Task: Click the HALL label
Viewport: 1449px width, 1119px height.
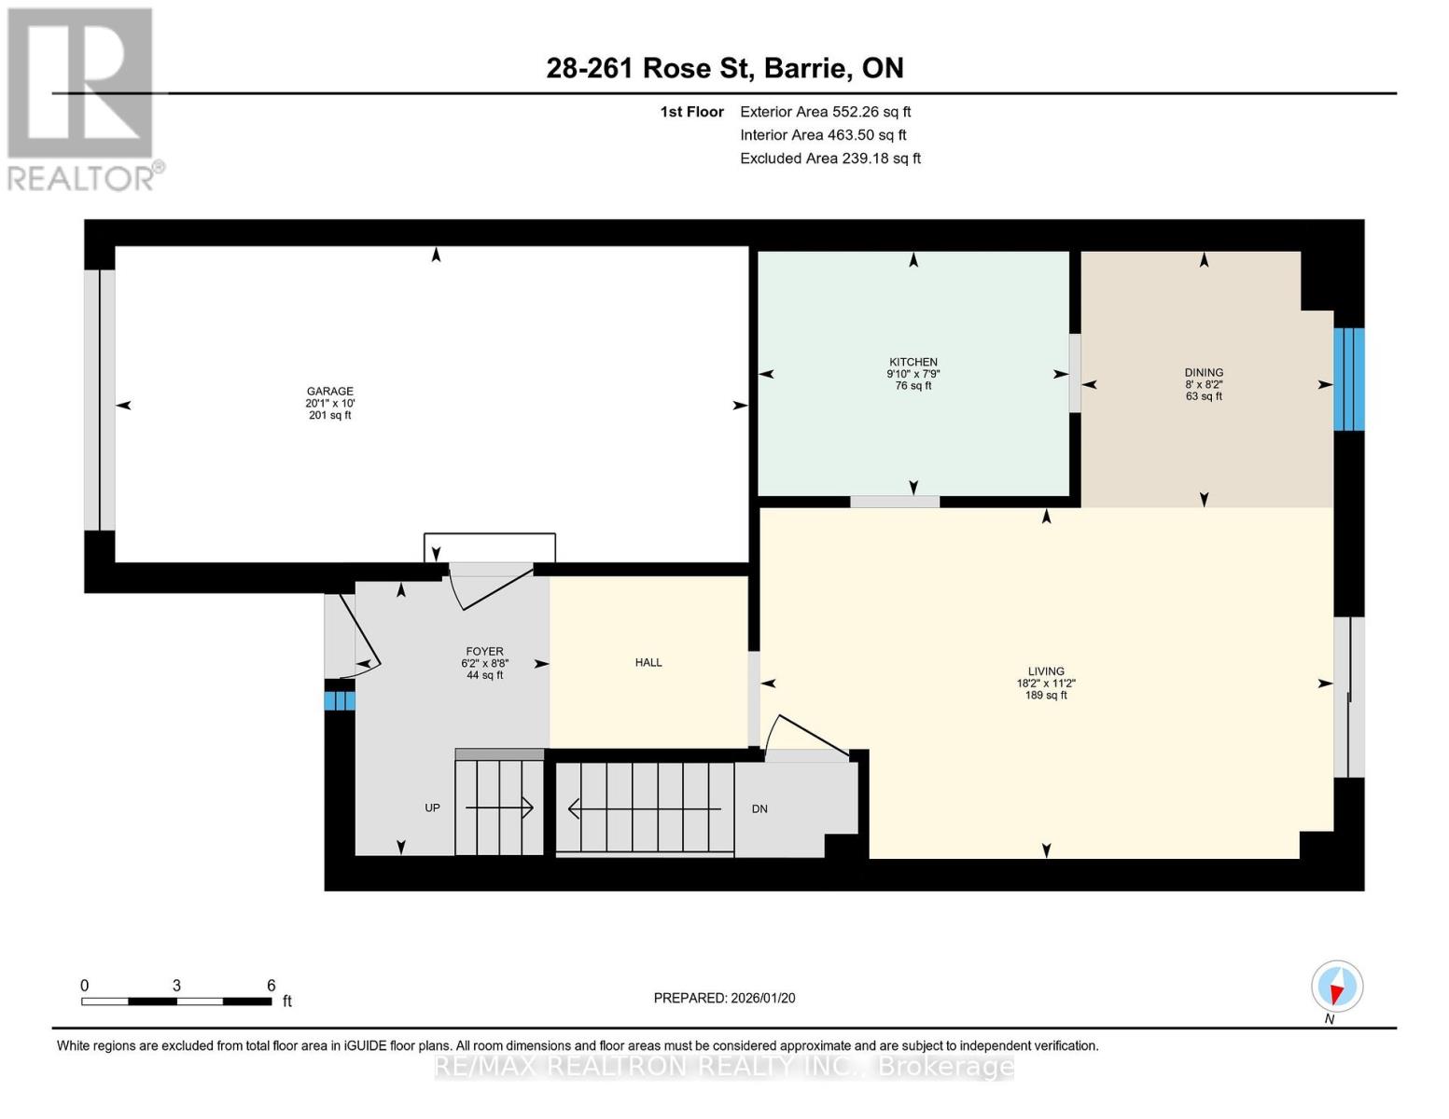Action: tap(648, 662)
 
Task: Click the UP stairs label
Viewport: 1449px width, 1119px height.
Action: tap(432, 808)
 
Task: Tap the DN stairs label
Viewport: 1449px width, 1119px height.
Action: tap(759, 808)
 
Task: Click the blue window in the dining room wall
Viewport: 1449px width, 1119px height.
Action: tap(1348, 379)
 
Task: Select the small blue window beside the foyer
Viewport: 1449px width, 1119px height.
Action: tap(340, 701)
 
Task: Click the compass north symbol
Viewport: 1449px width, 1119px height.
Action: tap(1336, 987)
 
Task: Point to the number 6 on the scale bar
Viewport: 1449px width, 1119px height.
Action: tap(271, 985)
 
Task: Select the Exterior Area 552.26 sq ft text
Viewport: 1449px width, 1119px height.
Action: tap(826, 112)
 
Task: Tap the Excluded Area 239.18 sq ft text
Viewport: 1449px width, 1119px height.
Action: tap(830, 159)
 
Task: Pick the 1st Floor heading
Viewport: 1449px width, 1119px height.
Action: tap(691, 112)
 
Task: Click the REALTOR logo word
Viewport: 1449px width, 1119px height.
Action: tap(81, 179)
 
